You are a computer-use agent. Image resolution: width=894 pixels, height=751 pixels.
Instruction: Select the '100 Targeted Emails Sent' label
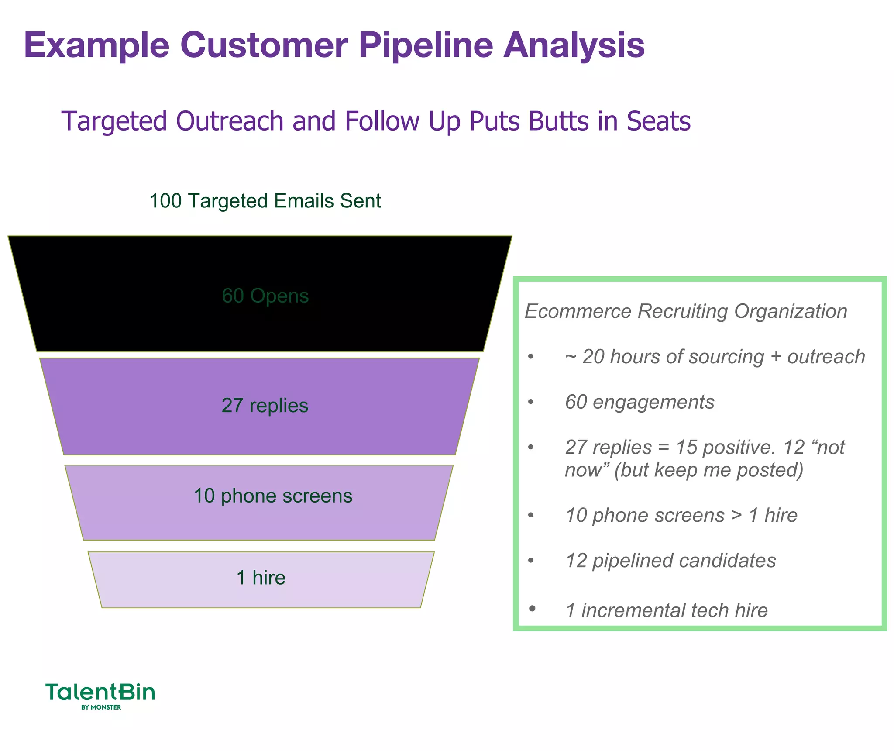pos(265,201)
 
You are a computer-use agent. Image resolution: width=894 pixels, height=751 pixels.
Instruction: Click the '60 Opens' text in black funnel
pos(265,296)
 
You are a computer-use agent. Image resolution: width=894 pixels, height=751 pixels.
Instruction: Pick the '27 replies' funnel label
pos(265,405)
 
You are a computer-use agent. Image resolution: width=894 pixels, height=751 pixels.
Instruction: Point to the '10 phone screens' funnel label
pos(273,496)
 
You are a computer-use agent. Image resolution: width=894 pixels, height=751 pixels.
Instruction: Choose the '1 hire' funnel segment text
pos(261,577)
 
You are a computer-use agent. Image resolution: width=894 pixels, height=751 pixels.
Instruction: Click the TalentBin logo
pos(100,692)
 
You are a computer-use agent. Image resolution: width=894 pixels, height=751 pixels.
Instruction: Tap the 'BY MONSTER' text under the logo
pos(101,707)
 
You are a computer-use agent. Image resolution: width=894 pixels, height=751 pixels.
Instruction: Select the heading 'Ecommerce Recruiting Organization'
pos(685,311)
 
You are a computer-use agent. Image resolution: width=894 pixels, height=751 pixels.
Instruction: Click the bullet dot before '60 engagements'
pos(531,402)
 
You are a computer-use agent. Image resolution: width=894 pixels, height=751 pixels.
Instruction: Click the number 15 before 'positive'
pos(686,447)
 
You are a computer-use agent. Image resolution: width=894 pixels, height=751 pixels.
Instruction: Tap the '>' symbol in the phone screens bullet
pos(737,515)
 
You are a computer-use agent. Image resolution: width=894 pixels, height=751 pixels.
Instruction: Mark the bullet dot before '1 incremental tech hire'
pos(532,609)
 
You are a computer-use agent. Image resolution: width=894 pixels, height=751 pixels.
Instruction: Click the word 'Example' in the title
pos(97,46)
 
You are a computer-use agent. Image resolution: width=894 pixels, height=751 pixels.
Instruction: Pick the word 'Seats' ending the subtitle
pos(659,121)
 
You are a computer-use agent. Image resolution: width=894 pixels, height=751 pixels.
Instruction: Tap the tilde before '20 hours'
pos(571,357)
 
